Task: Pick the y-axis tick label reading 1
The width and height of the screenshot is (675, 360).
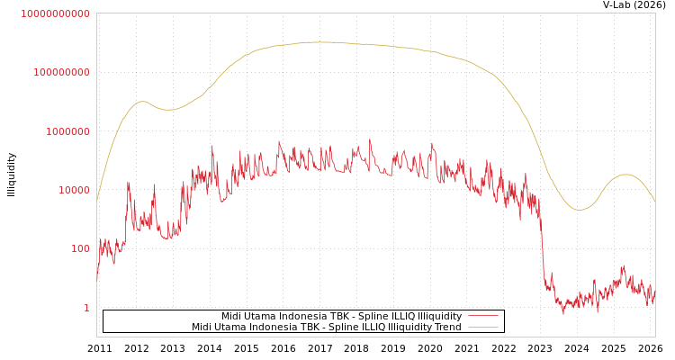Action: (87, 308)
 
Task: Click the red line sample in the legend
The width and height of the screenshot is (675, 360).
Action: (483, 317)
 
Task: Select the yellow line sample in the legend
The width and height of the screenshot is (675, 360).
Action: (483, 328)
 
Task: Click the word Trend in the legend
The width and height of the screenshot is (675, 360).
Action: (447, 328)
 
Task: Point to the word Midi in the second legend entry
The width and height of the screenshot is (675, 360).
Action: (202, 328)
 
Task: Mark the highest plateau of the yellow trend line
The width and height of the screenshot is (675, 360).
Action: (319, 41)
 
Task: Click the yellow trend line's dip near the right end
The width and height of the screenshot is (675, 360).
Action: (580, 210)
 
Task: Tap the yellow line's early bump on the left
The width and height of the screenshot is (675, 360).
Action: (141, 102)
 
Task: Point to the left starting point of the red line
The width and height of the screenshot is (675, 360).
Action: (97, 279)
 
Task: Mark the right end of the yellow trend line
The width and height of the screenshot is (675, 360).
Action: (654, 200)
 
